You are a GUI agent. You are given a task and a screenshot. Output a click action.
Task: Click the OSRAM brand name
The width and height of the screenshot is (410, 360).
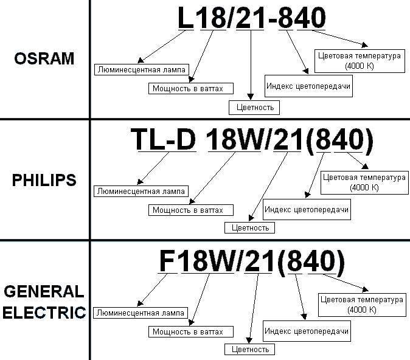click(x=44, y=58)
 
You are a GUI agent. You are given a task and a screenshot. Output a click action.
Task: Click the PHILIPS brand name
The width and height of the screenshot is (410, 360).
click(x=44, y=180)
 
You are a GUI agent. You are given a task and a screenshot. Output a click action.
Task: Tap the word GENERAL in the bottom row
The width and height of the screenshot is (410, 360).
click(x=44, y=291)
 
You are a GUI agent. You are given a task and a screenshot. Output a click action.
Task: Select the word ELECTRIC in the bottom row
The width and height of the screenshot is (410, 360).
click(x=44, y=313)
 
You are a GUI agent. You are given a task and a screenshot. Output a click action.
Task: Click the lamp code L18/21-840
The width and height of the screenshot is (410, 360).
click(x=252, y=18)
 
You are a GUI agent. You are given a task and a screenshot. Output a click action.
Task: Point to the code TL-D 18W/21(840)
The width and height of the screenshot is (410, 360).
click(x=252, y=140)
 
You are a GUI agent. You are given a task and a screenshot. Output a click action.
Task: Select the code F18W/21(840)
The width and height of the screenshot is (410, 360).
click(x=252, y=261)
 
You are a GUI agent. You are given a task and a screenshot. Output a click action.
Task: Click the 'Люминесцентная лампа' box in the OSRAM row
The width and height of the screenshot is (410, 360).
click(x=142, y=69)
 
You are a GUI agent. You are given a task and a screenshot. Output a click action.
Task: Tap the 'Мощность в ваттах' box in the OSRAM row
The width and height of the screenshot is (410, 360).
click(x=191, y=88)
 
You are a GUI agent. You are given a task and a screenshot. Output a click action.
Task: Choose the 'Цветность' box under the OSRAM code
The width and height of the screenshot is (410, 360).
click(x=254, y=108)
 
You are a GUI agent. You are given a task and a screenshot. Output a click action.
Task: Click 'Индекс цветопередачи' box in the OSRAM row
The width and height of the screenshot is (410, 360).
click(x=308, y=86)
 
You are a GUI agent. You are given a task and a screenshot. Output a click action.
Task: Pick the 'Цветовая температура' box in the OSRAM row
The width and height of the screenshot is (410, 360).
click(x=360, y=61)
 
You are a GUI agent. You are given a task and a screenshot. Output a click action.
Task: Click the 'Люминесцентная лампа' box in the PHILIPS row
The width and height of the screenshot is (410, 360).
click(x=141, y=191)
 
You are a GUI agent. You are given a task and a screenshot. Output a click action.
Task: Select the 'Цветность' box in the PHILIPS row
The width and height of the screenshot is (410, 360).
click(x=250, y=227)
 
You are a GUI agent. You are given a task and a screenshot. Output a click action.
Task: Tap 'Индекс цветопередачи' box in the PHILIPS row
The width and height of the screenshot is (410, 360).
click(x=307, y=209)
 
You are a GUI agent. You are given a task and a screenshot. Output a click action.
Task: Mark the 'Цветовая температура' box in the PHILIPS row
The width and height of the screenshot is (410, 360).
click(x=364, y=183)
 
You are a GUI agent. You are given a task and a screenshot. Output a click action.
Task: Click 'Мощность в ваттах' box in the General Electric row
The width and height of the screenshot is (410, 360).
click(x=191, y=332)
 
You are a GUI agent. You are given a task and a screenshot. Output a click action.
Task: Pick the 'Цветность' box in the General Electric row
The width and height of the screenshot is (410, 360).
click(x=250, y=349)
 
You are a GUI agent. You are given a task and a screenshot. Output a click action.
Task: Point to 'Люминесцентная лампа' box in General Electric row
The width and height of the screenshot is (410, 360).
click(x=141, y=313)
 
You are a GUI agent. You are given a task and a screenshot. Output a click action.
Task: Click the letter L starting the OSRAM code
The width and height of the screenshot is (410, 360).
click(x=186, y=18)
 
